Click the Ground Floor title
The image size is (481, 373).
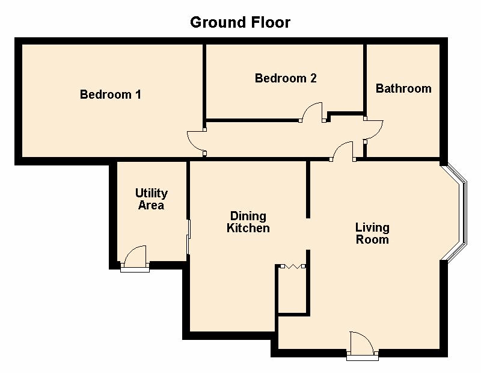240,22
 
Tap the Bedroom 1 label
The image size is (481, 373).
111,94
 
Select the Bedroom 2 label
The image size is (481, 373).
286,78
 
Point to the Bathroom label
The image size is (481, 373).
403,88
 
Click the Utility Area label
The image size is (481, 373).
152,199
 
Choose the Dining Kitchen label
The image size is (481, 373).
248,222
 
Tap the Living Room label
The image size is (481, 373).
372,233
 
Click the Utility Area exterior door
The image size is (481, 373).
135,259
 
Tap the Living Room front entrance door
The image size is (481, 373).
363,346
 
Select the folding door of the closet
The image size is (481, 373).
293,266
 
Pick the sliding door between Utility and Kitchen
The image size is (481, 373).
189,236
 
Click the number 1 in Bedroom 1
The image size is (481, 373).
138,94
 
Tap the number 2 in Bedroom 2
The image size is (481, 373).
313,78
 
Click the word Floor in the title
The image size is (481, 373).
271,22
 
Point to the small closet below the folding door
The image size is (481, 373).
292,291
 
